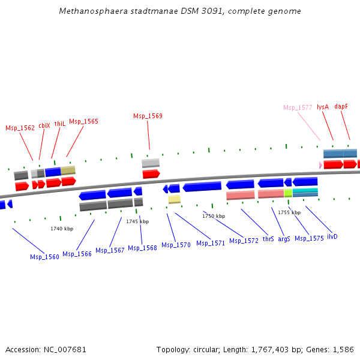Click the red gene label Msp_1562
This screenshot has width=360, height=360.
[x=20, y=128]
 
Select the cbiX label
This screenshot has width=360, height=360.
[x=44, y=125]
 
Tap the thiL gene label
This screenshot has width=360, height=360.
[x=59, y=124]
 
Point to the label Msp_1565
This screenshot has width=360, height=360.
[x=83, y=121]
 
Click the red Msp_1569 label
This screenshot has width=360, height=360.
[x=148, y=116]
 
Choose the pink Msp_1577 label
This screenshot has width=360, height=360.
[x=298, y=107]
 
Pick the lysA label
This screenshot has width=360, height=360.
[x=323, y=106]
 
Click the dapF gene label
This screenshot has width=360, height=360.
[x=341, y=106]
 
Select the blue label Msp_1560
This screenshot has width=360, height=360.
[x=44, y=257]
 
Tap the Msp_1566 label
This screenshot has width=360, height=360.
[x=77, y=254]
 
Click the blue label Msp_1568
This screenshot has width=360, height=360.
[x=142, y=248]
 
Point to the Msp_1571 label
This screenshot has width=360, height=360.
[x=211, y=243]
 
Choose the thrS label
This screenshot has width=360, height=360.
[x=268, y=239]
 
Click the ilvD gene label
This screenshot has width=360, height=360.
[x=332, y=236]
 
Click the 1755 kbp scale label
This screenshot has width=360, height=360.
[x=289, y=212]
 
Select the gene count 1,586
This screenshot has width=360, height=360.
[x=342, y=349]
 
